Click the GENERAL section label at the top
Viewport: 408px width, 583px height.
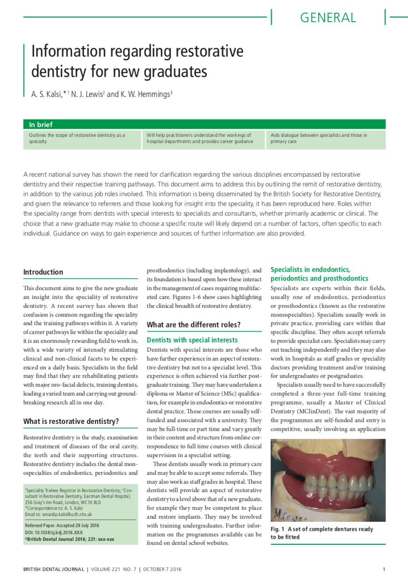click(328, 18)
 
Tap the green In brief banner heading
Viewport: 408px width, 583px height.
click(41, 124)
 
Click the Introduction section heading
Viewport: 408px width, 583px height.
click(43, 272)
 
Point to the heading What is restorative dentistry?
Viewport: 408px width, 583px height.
click(71, 421)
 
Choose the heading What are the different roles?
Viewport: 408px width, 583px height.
click(194, 324)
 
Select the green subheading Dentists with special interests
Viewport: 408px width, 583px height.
click(192, 340)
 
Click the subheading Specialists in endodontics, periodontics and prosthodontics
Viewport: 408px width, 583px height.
click(319, 274)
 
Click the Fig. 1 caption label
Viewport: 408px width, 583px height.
click(277, 529)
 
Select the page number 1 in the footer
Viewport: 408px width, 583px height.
click(384, 569)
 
